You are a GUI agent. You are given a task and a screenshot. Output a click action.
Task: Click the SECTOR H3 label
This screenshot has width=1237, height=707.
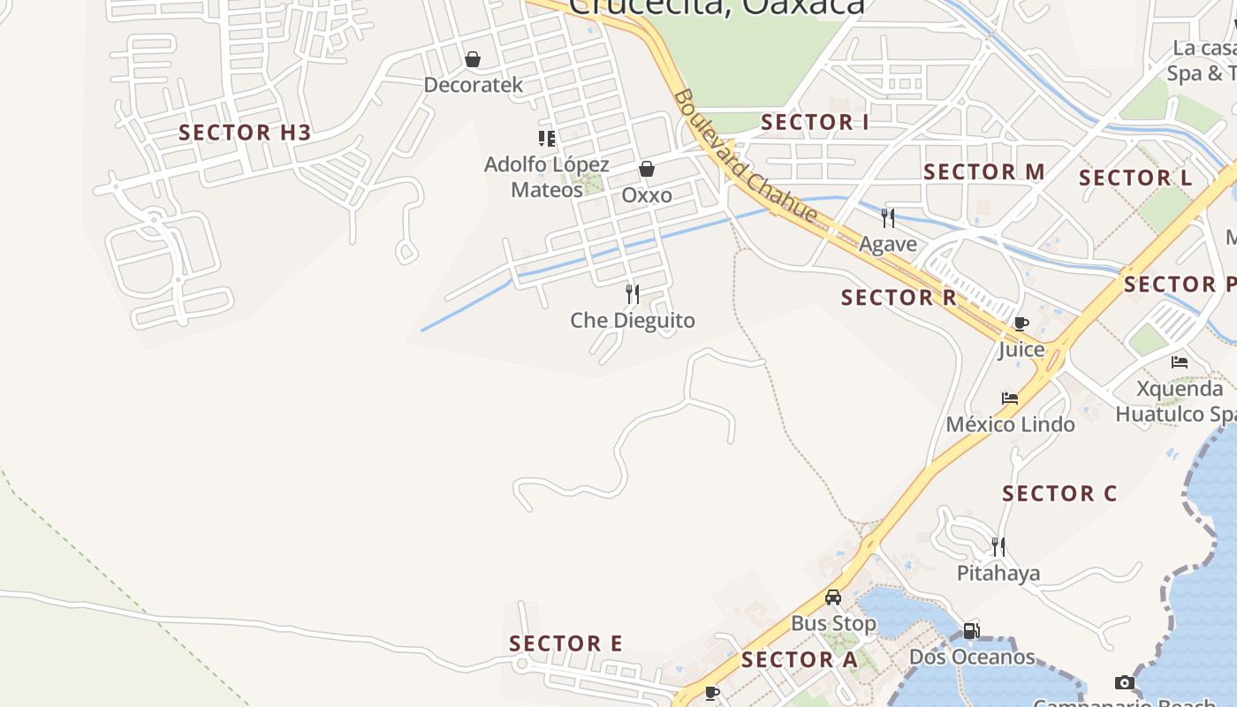coord(245,133)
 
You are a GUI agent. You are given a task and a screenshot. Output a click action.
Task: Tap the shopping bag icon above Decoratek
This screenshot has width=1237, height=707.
coord(473,59)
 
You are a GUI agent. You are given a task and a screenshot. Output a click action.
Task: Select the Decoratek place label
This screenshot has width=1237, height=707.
coord(474,85)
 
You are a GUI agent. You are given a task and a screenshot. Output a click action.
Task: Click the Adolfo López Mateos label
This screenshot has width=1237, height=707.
coord(547,177)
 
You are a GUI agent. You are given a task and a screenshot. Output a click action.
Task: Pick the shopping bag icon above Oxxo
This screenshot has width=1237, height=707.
coord(647,169)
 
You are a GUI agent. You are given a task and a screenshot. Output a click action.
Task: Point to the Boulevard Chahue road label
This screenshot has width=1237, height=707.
coord(744,156)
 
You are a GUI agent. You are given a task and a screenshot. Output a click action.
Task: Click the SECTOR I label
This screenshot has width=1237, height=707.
coord(815,123)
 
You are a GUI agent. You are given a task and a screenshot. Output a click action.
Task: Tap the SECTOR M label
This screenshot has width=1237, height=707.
coord(983,171)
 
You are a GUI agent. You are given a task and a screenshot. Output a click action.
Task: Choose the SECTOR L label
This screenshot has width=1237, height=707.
coord(1135,178)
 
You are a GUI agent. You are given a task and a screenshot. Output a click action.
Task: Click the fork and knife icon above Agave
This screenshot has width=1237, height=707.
coord(888,217)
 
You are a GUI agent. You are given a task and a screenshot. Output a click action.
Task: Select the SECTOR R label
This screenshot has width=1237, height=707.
coord(899,298)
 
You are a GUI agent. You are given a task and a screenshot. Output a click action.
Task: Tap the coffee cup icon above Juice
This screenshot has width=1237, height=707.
coord(1021,323)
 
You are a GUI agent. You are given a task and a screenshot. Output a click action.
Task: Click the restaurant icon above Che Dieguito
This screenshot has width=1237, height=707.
coord(633,293)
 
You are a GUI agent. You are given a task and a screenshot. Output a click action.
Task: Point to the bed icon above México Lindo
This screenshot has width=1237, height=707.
coord(1010,399)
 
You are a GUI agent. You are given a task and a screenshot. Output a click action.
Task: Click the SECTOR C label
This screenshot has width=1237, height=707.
coord(1059,494)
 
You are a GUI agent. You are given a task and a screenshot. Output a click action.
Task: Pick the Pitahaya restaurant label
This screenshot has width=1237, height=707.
coord(998,574)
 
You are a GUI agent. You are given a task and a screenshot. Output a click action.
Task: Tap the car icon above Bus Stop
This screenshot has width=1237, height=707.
coord(833,597)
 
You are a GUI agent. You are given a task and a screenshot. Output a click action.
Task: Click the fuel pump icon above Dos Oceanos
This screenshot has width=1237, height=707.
coord(971,631)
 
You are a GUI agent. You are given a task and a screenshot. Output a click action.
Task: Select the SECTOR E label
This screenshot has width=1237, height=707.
coord(565,643)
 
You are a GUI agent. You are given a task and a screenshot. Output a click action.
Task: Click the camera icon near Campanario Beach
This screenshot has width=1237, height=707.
coord(1124,682)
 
